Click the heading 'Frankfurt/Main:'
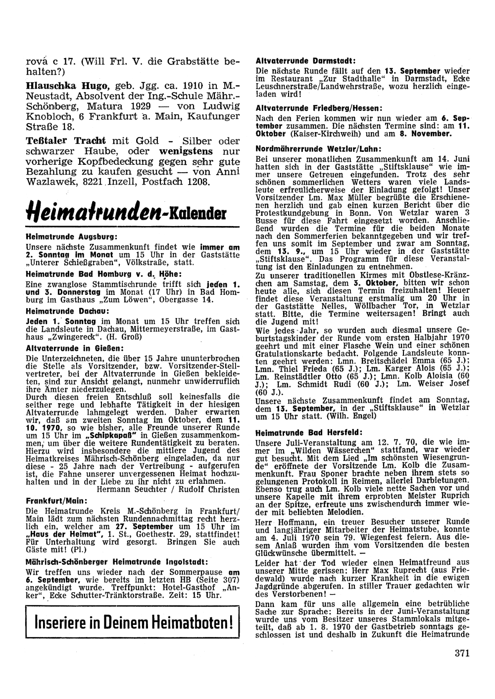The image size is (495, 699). click(56, 501)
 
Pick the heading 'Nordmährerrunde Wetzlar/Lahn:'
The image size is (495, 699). click(319, 148)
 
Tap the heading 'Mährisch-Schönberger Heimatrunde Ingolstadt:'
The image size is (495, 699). click(116, 562)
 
